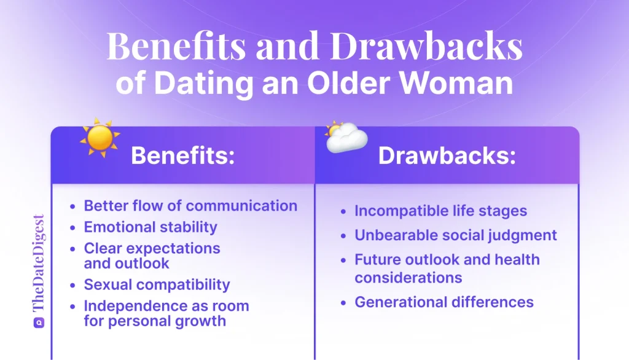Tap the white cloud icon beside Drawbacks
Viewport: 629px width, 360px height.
pyautogui.click(x=346, y=138)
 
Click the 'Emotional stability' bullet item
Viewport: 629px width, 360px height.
pyautogui.click(x=150, y=227)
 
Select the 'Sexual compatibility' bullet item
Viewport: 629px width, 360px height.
pyautogui.click(x=157, y=284)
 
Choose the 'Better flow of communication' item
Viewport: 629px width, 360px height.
pyautogui.click(x=190, y=205)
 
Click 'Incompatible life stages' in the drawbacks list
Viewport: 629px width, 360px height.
pyautogui.click(x=440, y=211)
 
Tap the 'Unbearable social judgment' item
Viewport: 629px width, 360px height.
pyautogui.click(x=455, y=235)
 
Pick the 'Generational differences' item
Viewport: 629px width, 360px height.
pyautogui.click(x=443, y=302)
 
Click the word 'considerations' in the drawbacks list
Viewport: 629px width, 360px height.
pyautogui.click(x=408, y=277)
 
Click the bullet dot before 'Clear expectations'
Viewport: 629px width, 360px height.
pyautogui.click(x=73, y=249)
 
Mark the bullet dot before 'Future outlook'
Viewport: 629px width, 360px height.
pyautogui.click(x=343, y=260)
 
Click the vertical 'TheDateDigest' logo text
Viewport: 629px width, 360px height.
pyautogui.click(x=38, y=263)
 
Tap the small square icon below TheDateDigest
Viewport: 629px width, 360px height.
pyautogui.click(x=38, y=321)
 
